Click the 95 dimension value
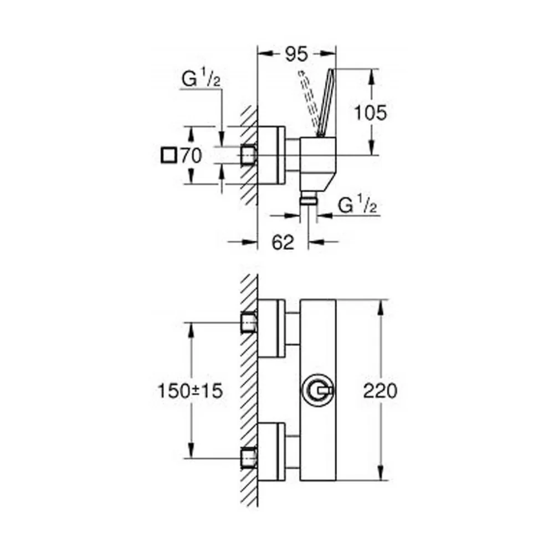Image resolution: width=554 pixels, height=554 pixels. pos(296,54)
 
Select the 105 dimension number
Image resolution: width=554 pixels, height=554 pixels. pos(370,113)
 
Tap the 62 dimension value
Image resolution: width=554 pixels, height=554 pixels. pos(283,243)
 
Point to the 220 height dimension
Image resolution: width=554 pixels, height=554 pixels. pos(380,391)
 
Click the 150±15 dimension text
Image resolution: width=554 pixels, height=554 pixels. pos(190,391)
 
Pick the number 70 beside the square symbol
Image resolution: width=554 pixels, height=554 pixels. pos(191,156)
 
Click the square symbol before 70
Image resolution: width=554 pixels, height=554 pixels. pos(168,156)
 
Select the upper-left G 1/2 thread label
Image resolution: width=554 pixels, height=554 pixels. pos(201,79)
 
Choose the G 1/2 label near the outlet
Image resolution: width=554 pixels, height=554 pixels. pos(357,205)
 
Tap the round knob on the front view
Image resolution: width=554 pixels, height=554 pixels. pos(317,391)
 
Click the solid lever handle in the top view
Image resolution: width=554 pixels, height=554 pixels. pos(325,102)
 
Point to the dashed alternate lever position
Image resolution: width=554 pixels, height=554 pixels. pos(309,102)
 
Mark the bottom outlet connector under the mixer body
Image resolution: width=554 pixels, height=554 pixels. pos(308,198)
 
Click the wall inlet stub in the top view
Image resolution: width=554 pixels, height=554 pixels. pos(249,155)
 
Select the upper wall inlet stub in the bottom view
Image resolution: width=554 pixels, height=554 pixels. pos(249,322)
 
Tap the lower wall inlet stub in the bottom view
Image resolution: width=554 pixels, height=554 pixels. pos(249,459)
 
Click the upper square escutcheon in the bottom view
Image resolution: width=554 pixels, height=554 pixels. pos(271,328)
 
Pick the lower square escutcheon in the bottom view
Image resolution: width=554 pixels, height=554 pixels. pos(271,452)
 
